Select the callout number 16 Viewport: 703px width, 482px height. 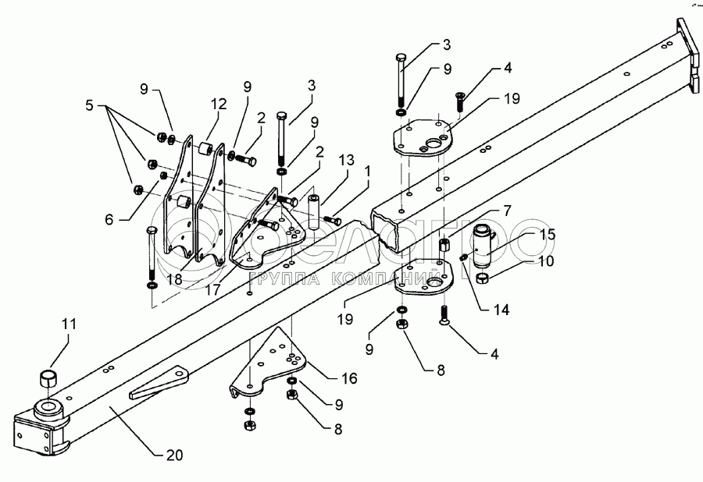348,379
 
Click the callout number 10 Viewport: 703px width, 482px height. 546,260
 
